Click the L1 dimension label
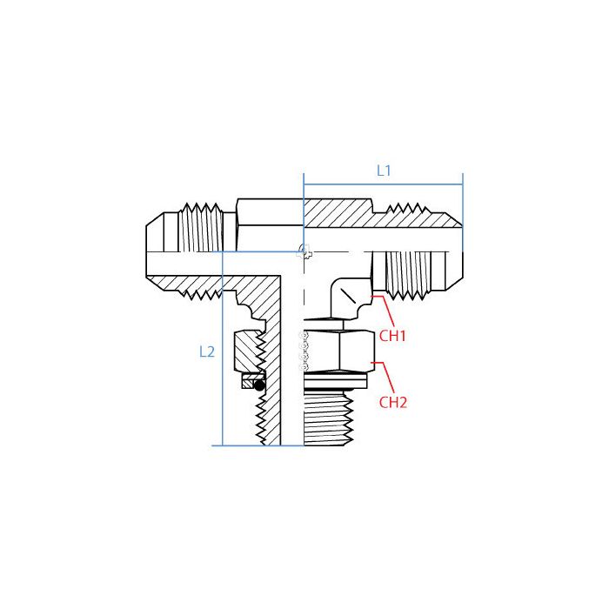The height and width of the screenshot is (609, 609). point(384,171)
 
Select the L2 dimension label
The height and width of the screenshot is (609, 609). point(206,351)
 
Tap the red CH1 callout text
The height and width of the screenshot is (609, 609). point(393,336)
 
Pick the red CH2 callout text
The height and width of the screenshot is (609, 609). point(393,402)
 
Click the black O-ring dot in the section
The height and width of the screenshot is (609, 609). point(258,384)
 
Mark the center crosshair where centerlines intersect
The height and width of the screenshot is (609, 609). point(303,252)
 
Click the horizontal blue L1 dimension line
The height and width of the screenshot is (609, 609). point(383,184)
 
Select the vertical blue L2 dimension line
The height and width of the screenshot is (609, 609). point(224,348)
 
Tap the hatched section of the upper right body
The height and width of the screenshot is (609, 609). point(339,211)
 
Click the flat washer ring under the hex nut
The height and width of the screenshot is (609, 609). point(336,378)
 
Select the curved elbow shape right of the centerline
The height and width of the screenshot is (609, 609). point(347,297)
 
